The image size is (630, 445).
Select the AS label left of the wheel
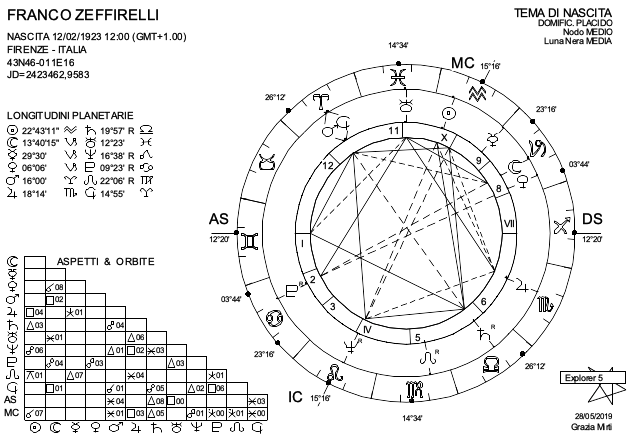pos(218,219)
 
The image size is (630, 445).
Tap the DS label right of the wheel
pos(592,219)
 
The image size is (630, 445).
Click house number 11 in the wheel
pos(394,130)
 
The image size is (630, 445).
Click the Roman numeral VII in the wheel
pos(509,224)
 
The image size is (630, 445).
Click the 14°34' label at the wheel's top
pos(398,46)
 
